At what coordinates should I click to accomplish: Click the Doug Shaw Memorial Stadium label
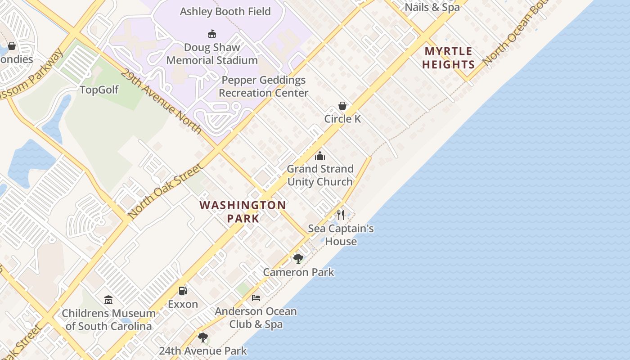(x=211, y=54)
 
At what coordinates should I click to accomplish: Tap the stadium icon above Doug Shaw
(x=211, y=34)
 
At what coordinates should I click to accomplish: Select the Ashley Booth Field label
(x=225, y=11)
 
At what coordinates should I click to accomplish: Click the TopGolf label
(x=99, y=90)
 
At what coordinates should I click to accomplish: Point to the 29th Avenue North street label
(x=161, y=101)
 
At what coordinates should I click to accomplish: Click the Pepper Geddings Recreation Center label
(x=263, y=86)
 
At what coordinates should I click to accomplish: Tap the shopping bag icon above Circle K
(x=342, y=106)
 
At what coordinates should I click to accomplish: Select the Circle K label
(x=342, y=119)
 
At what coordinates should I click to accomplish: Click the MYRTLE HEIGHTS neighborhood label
(x=448, y=58)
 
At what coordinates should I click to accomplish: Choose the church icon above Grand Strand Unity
(x=320, y=156)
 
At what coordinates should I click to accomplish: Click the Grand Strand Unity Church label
(x=320, y=175)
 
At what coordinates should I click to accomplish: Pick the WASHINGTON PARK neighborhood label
(x=243, y=211)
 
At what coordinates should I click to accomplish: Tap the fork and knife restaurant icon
(x=341, y=215)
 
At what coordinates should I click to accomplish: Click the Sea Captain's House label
(x=341, y=235)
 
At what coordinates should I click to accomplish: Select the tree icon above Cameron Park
(x=298, y=258)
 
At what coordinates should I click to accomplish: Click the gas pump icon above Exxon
(x=183, y=291)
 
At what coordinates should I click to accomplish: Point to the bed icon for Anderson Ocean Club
(x=256, y=298)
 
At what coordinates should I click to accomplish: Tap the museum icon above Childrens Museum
(x=108, y=300)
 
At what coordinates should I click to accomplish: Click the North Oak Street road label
(x=165, y=191)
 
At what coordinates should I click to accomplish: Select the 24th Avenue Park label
(x=202, y=351)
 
